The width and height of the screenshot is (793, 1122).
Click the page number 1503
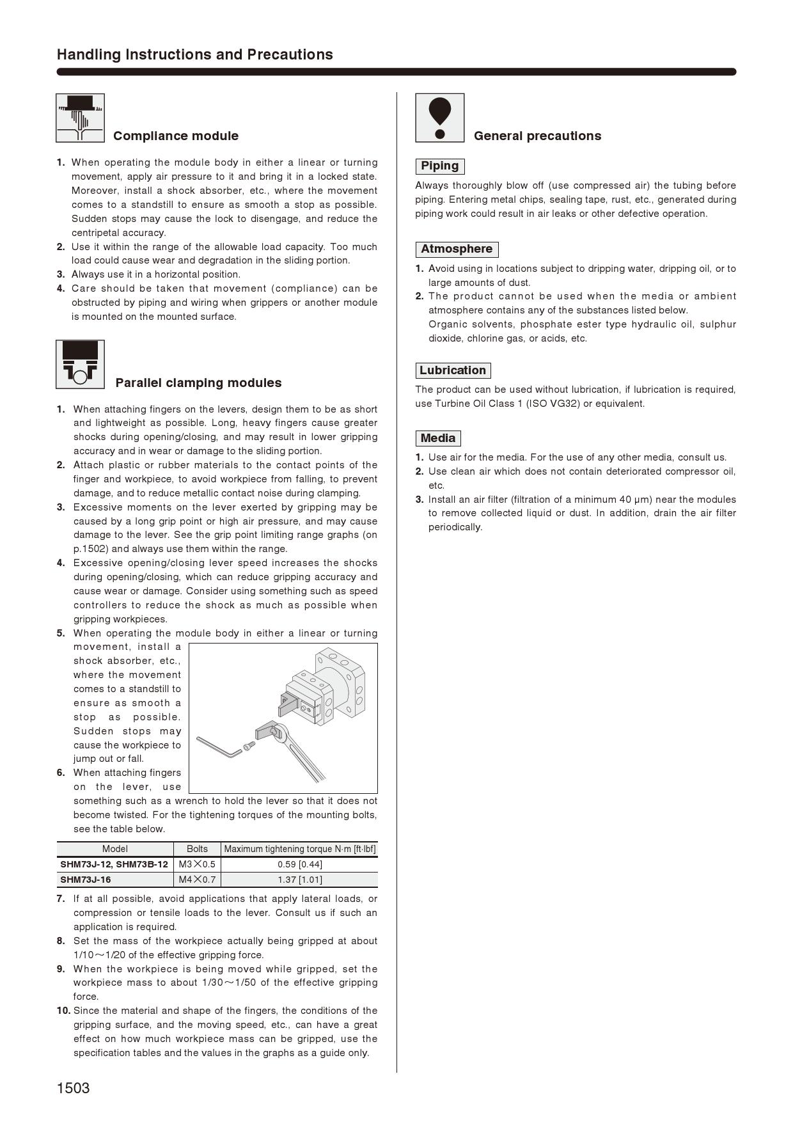74,1088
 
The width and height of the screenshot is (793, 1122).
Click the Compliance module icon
81,118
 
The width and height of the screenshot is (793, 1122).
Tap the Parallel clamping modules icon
81,365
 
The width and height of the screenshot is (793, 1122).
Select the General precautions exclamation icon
440,118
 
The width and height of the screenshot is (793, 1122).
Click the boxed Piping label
440,166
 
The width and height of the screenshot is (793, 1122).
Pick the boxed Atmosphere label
457,249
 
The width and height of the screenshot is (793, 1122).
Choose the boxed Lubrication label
453,370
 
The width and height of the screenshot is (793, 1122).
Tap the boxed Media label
438,438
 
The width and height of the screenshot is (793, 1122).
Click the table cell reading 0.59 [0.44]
299,864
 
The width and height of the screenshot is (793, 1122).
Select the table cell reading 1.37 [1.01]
299,880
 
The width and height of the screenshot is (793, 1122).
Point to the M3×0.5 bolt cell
197,864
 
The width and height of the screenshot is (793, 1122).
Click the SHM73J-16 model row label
86,880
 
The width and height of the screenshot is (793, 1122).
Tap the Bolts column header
197,849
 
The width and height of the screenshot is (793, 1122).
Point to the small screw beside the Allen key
249,747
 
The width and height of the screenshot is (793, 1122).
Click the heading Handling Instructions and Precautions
195,54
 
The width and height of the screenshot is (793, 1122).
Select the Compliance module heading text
176,136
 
